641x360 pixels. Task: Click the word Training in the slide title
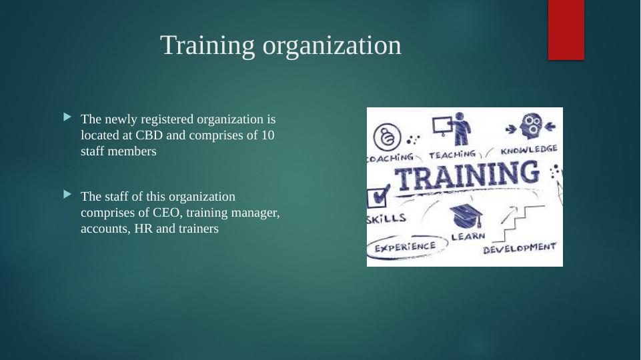207,45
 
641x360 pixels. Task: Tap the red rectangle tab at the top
566,29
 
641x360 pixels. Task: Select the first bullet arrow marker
67,118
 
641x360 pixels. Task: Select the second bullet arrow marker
67,195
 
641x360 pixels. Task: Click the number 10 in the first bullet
267,135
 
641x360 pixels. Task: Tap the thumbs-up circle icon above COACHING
387,138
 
